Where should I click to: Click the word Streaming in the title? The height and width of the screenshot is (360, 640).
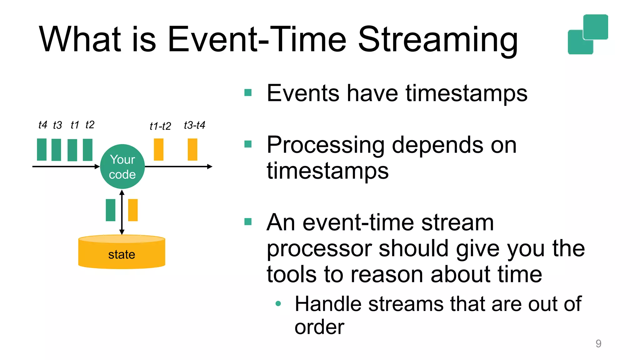coord(437,40)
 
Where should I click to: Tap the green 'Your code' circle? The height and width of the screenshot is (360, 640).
coord(122,167)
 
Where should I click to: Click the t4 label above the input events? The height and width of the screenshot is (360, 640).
coord(42,125)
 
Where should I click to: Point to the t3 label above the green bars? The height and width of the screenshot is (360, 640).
coord(57,125)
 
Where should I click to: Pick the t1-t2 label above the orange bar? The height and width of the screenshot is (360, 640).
coord(160,126)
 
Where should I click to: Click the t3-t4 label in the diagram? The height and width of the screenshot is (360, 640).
coord(194,125)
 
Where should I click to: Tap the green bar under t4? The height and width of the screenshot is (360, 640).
coord(42,150)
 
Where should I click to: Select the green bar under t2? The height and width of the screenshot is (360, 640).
coord(87,150)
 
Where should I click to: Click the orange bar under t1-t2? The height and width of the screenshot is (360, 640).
coord(158,150)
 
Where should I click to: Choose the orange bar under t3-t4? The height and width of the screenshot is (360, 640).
coord(192,150)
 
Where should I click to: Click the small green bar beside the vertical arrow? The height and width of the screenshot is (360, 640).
coord(110,210)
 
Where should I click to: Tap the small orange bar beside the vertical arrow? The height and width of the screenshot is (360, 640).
coord(133,210)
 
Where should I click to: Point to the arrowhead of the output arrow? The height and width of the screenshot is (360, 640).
coord(210,167)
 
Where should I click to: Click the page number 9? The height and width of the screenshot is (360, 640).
coord(598,343)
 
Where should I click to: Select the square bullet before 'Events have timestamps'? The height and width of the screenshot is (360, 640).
coord(248,92)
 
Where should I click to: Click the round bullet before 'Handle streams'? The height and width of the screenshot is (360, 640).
coord(278,303)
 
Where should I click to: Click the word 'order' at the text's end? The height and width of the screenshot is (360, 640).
coord(319,327)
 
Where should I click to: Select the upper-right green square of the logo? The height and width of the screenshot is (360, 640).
coord(596,27)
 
